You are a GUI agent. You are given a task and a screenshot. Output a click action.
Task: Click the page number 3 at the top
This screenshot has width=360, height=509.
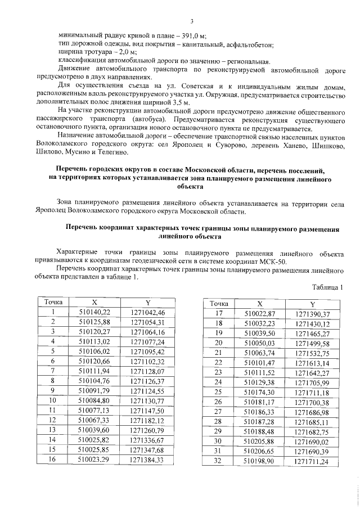(x=191, y=21)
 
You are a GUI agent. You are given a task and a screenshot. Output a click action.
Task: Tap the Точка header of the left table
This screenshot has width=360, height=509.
(x=53, y=303)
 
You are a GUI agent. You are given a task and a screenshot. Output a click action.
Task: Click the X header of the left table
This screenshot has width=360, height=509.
(x=94, y=303)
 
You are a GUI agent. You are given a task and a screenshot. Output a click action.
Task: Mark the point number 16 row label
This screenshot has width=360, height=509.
(x=53, y=459)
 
